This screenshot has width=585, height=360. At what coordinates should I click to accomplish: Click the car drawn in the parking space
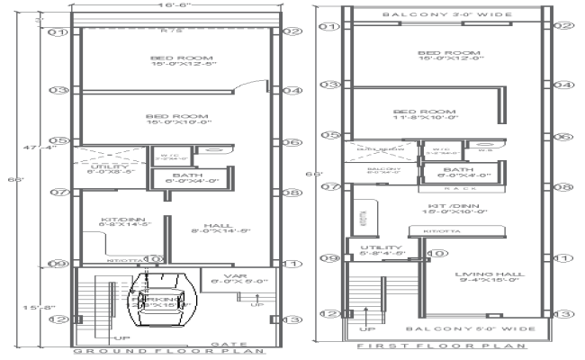pos(162,297)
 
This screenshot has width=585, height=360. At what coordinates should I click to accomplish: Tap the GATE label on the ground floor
pos(224,343)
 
